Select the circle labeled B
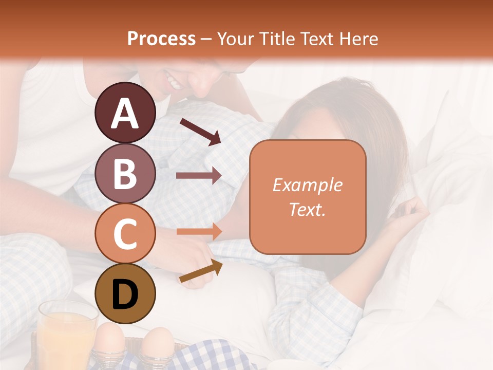click(125, 173)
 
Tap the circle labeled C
click(125, 233)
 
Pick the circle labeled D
click(125, 293)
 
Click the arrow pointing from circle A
click(200, 131)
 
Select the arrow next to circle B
click(199, 175)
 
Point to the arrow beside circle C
click(199, 231)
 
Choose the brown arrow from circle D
click(201, 271)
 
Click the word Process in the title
click(161, 39)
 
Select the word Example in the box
click(307, 185)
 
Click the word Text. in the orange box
click(307, 209)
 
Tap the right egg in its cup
click(158, 343)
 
